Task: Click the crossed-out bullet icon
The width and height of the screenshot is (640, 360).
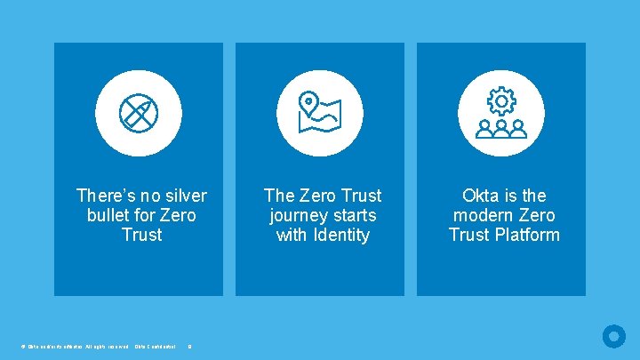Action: [138, 113]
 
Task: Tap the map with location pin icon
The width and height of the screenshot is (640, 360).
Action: [319, 113]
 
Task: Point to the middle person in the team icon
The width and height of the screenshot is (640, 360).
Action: [501, 129]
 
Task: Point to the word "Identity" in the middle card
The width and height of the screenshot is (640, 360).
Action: [339, 235]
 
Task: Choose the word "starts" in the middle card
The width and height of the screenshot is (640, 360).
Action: [353, 215]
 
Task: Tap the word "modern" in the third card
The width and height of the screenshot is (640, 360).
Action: [482, 215]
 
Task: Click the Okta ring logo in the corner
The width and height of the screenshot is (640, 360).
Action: [613, 336]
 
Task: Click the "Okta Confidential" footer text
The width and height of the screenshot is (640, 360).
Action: [156, 346]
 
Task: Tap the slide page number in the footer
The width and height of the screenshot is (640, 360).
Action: [189, 346]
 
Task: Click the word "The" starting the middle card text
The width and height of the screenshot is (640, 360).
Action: [280, 196]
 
